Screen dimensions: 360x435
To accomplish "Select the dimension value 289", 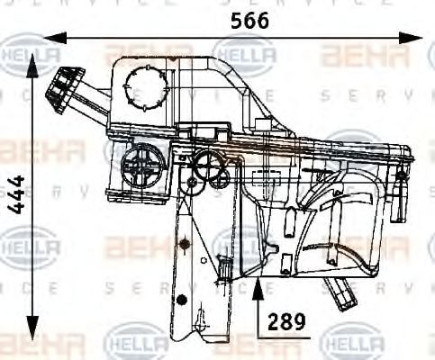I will point(288,319).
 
